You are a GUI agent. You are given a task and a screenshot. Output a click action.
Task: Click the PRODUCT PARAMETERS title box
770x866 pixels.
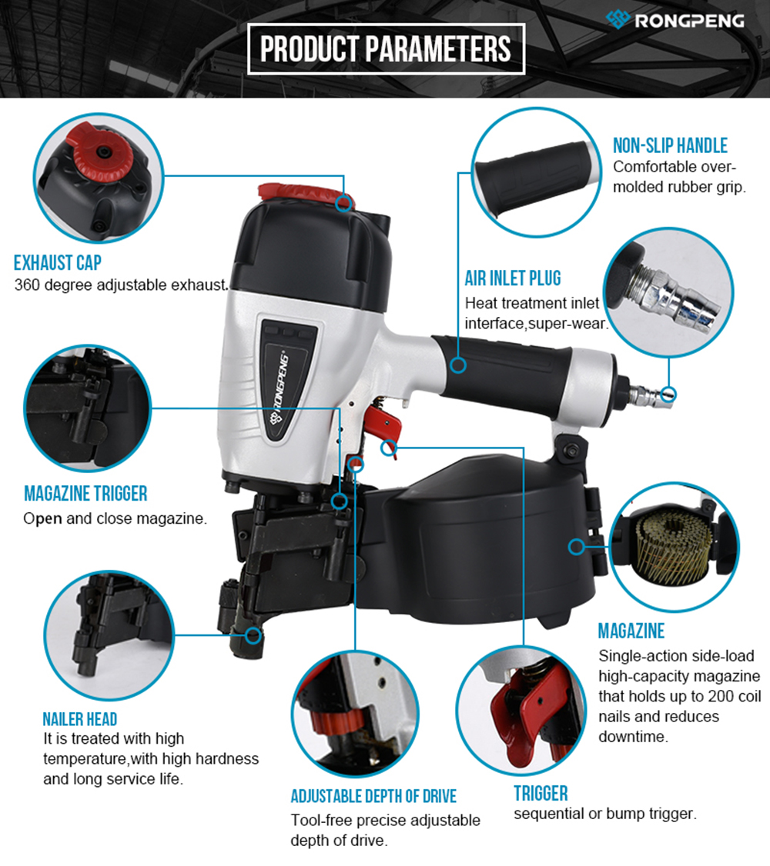click(x=386, y=48)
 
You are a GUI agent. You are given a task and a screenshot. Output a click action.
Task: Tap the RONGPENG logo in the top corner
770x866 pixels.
click(x=675, y=20)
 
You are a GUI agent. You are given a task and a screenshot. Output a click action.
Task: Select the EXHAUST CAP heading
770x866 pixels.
click(x=58, y=263)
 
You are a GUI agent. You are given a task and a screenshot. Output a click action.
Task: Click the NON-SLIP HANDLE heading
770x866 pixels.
click(x=670, y=146)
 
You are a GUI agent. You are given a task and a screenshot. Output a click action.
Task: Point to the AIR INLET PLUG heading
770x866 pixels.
click(x=512, y=278)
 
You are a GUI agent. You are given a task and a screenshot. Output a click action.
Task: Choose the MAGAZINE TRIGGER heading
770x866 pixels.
click(x=85, y=494)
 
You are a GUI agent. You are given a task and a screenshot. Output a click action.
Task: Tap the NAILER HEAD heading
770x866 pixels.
click(x=80, y=719)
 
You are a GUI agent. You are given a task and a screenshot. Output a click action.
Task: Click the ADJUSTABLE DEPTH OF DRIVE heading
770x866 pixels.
click(x=373, y=797)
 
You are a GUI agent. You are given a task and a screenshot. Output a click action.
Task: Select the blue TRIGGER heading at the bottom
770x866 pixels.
click(x=541, y=794)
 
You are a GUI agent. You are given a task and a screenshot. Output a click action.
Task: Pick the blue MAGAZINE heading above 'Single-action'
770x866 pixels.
click(x=631, y=631)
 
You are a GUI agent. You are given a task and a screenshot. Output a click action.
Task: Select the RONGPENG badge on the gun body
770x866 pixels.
click(x=287, y=381)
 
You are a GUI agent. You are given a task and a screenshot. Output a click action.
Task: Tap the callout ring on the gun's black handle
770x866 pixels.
click(x=457, y=365)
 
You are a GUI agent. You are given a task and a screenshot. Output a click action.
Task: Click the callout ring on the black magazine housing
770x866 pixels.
click(x=577, y=547)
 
